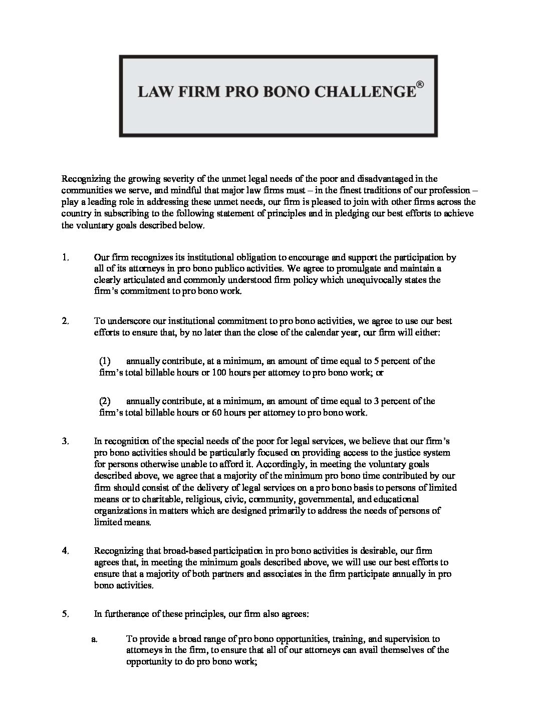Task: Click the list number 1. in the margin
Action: [x=65, y=257]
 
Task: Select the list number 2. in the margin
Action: [x=65, y=321]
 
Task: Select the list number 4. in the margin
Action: [x=65, y=551]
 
